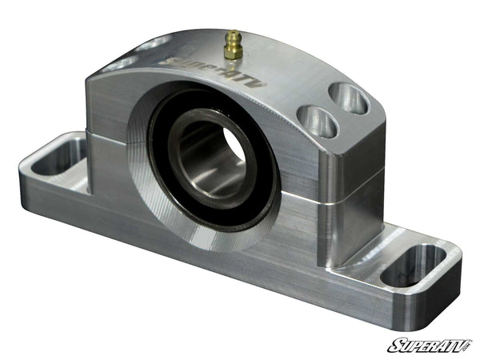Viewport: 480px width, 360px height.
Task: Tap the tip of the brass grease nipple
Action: point(232,34)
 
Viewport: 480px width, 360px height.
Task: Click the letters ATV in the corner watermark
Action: point(453,345)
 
